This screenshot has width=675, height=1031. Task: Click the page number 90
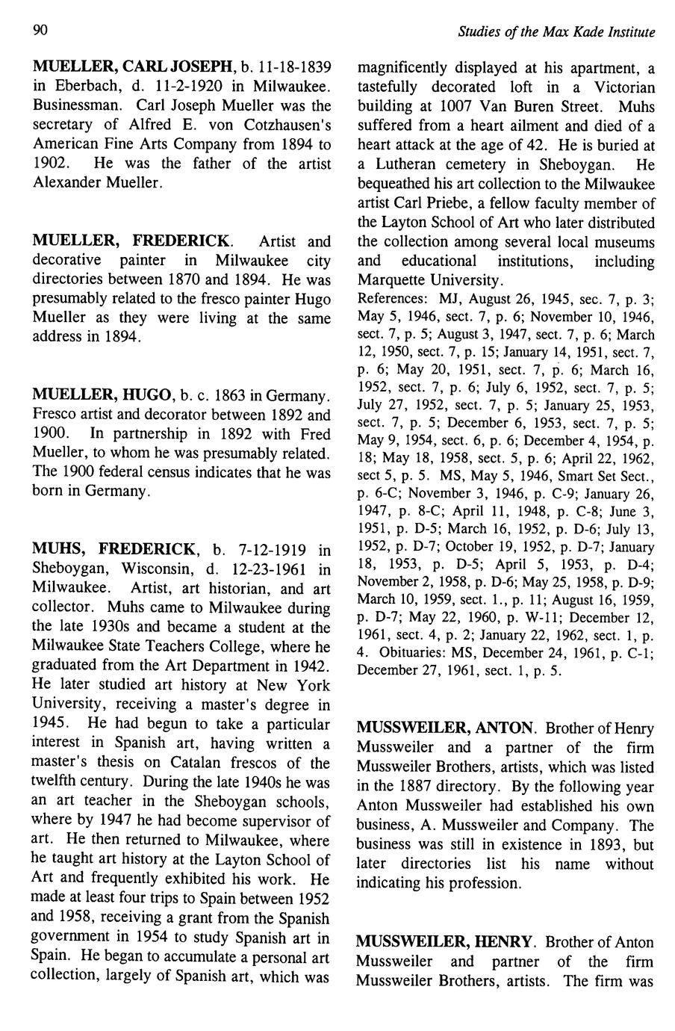coord(40,31)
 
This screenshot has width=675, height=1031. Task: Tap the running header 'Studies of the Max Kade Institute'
coord(556,32)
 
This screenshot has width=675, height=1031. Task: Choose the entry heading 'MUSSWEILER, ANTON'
coord(446,727)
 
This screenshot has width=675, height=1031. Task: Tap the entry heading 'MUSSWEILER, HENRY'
coord(446,942)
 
